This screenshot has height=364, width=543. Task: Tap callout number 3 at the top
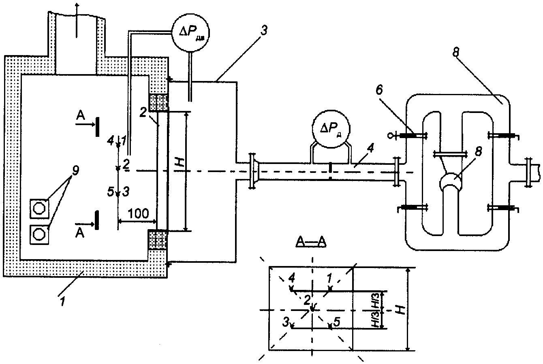(x=264, y=31)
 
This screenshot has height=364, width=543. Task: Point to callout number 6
(x=379, y=90)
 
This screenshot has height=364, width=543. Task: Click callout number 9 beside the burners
(x=75, y=171)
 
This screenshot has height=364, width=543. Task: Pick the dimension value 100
(x=138, y=214)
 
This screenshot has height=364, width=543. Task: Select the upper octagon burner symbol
(x=39, y=208)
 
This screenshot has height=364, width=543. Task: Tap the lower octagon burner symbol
(x=39, y=234)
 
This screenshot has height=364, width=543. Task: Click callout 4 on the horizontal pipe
(x=371, y=148)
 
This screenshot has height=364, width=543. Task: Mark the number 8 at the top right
(x=456, y=53)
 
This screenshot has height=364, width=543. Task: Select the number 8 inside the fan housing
(x=478, y=151)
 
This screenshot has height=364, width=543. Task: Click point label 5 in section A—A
(x=337, y=322)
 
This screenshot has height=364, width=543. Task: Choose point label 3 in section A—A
(x=286, y=322)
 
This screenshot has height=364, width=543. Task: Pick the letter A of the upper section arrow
(x=81, y=115)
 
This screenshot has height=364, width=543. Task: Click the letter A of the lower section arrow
(x=80, y=233)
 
